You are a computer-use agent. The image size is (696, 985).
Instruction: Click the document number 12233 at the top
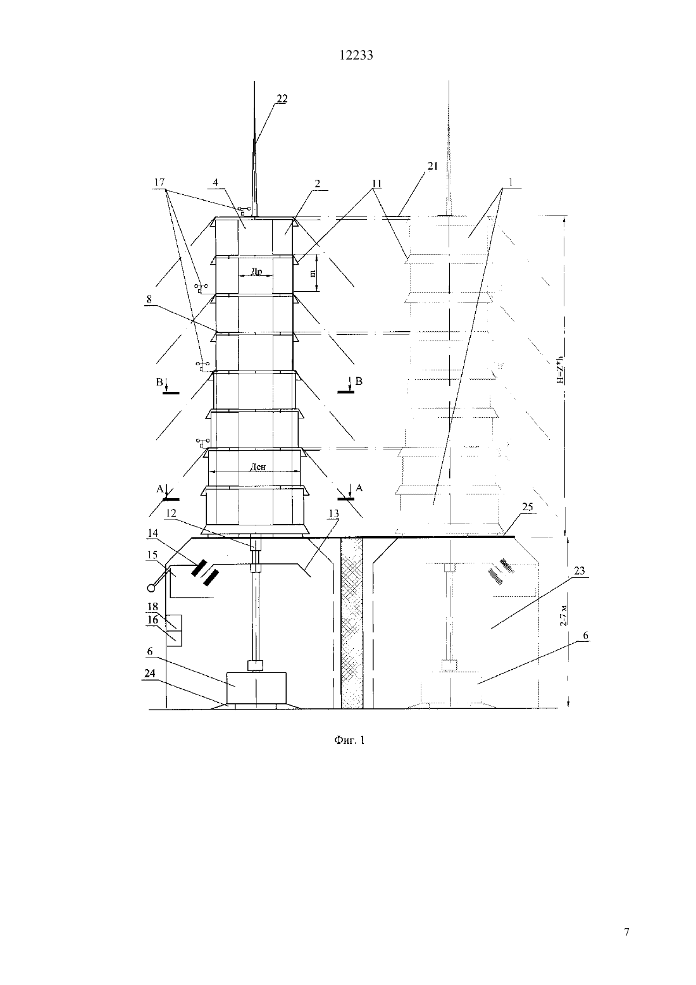click(356, 55)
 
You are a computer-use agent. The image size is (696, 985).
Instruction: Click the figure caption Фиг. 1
click(350, 740)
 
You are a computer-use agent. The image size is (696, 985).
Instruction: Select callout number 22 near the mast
click(282, 99)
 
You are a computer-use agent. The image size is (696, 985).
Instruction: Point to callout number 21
click(433, 166)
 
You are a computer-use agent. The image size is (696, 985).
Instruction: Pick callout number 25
click(527, 506)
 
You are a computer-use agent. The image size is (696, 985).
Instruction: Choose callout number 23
click(580, 571)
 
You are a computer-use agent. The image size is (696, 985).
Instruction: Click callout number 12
click(171, 513)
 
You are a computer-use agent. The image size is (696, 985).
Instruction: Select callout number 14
click(152, 533)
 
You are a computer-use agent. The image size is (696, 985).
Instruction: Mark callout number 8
click(149, 299)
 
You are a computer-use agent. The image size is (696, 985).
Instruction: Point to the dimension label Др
click(257, 272)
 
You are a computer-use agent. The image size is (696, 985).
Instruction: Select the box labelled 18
click(174, 622)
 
